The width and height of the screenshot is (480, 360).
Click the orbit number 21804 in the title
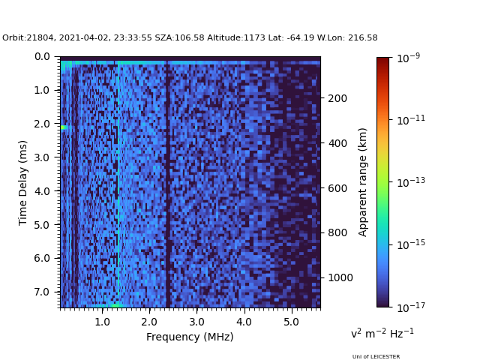tap(40, 37)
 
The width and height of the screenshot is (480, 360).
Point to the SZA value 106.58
tap(189, 37)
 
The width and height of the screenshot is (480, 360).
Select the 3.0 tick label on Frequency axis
tap(196, 322)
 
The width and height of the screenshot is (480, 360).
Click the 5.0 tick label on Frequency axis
tap(292, 322)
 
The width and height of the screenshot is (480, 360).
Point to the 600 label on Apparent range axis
tap(337, 188)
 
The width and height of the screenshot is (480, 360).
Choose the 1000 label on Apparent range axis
tap(340, 277)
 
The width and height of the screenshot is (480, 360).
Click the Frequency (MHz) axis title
tap(190, 337)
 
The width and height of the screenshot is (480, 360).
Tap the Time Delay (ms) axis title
tap(22, 183)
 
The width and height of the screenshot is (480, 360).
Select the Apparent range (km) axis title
tap(362, 182)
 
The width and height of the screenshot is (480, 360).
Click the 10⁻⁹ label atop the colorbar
tap(408, 58)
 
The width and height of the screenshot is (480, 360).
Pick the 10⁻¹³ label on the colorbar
tap(411, 182)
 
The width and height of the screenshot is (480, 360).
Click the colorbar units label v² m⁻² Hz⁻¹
tap(382, 333)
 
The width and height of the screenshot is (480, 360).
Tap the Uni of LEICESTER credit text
tap(376, 357)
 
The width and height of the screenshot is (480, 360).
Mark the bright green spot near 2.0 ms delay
tap(64, 127)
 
